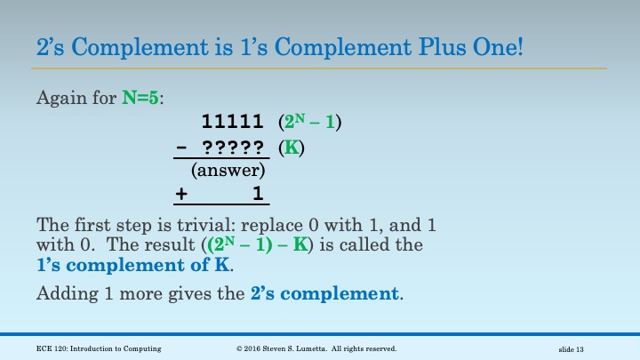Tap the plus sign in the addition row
point(181,193)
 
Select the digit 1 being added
point(257,193)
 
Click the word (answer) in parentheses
point(228,170)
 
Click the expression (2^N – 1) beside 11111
point(310,123)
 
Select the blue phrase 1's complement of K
point(133,265)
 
